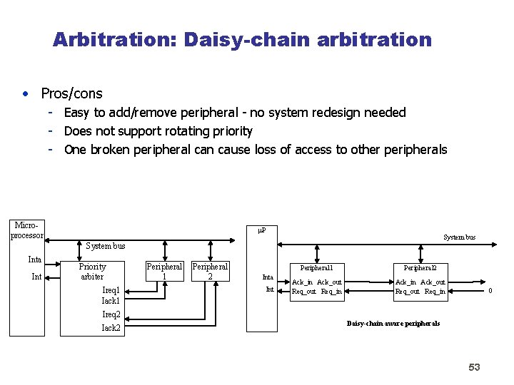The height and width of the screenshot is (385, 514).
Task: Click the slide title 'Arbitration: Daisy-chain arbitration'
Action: tap(242, 39)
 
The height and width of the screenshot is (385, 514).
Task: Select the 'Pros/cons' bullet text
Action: tap(71, 93)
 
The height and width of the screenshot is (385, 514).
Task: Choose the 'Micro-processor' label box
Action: tap(27, 230)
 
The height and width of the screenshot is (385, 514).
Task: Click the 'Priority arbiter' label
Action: tap(92, 272)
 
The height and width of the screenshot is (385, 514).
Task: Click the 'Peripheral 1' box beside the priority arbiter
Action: tap(164, 271)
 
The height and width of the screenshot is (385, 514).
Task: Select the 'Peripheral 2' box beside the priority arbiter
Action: tap(210, 271)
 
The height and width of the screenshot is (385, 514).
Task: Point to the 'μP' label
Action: tap(261, 230)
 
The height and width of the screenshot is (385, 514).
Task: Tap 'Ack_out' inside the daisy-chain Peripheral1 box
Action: tap(329, 282)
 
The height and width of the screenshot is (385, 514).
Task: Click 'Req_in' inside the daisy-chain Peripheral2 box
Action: tap(435, 291)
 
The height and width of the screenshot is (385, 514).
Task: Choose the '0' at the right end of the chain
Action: tap(490, 290)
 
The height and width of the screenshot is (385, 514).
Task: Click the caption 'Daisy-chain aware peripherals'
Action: tap(393, 324)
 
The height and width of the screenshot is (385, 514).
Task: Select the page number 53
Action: tap(474, 367)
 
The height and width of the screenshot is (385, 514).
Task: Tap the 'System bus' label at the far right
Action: tap(459, 237)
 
